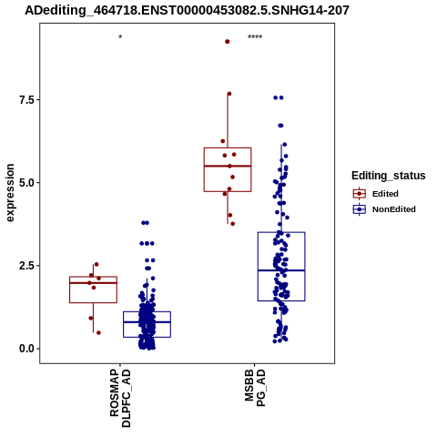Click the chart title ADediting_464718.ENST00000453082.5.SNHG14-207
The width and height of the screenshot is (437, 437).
pos(187,11)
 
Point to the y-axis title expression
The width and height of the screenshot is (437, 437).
pos(10,193)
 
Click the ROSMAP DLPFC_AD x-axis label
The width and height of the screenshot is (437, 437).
pos(120,398)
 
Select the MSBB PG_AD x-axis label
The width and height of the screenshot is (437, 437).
pos(255,388)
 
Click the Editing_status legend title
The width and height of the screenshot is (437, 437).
pos(389,176)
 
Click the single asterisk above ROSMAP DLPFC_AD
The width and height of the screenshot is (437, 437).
pos(120,37)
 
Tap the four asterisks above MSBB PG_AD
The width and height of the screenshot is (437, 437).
pos(255,37)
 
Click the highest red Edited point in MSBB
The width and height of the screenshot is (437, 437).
pos(228,42)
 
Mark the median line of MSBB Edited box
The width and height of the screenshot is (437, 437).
pos(228,166)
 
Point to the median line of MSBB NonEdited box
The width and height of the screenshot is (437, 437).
pos(281,270)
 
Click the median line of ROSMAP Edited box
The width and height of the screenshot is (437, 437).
pos(93,283)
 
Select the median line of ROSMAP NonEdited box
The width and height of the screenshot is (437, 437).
pos(147,322)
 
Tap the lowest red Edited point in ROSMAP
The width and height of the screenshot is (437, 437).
pos(98,333)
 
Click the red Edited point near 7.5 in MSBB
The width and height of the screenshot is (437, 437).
pos(229,94)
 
